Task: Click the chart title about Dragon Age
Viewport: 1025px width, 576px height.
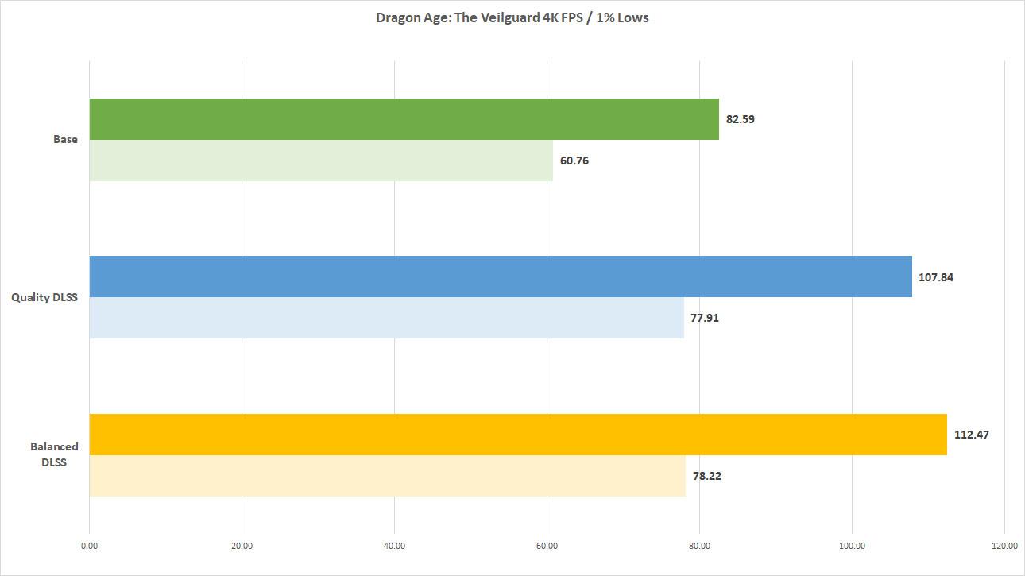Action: [x=512, y=17]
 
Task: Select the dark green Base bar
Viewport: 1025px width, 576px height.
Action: [x=404, y=119]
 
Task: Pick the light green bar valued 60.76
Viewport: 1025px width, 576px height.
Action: [x=321, y=160]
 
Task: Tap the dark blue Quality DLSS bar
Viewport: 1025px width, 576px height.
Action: [x=501, y=276]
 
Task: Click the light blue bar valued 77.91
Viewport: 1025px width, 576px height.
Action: [x=386, y=318]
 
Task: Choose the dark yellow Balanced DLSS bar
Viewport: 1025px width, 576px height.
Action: [x=518, y=435]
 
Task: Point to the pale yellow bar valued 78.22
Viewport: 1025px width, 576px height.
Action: [x=387, y=476]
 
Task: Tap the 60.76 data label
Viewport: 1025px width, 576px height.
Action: [x=574, y=160]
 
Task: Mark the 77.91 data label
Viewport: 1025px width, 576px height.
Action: [x=705, y=318]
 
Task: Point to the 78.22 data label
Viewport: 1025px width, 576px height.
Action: [x=706, y=476]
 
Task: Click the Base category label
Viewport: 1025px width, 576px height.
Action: [x=65, y=139]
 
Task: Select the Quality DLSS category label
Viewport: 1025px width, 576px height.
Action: [x=44, y=297]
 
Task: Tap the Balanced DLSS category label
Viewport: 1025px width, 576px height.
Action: [x=54, y=454]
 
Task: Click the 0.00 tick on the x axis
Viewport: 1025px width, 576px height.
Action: [x=90, y=545]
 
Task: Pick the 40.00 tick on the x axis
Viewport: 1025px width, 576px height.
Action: [x=394, y=545]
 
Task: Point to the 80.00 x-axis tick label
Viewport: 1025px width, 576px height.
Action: [x=699, y=545]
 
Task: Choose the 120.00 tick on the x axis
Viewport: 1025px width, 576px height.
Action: [x=1004, y=545]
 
